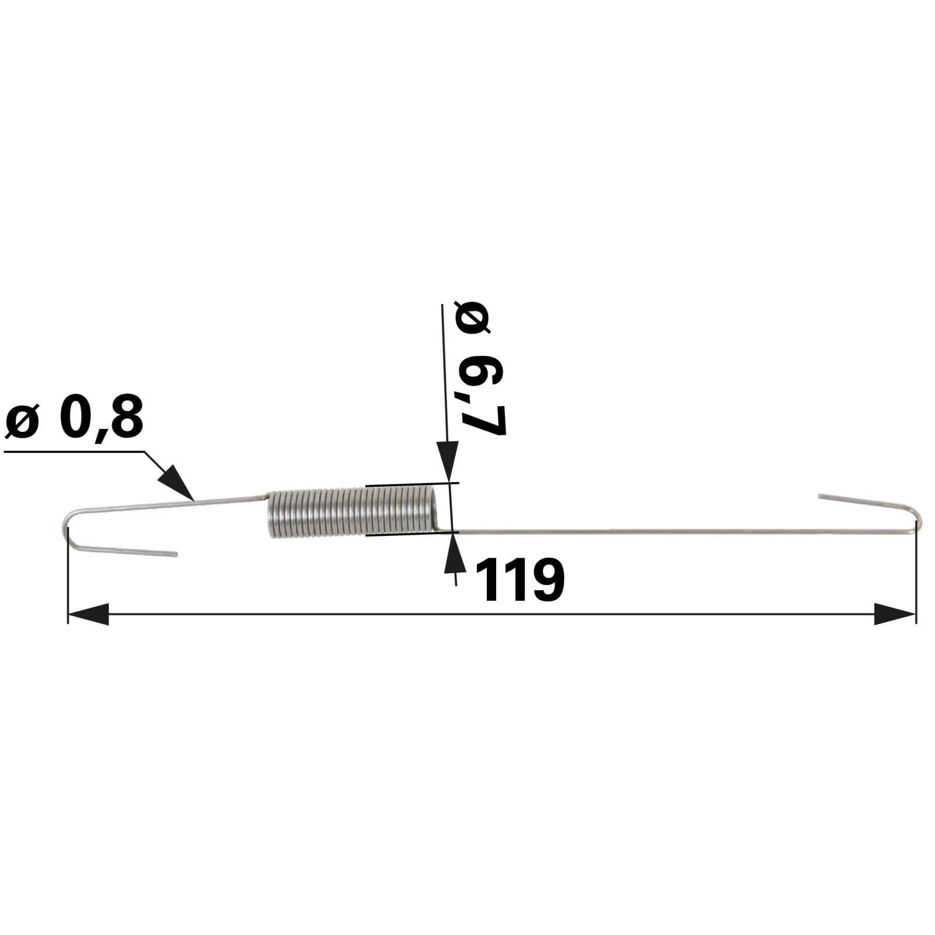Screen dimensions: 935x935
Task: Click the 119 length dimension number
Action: [x=520, y=580]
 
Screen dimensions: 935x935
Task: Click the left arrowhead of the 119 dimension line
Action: [x=88, y=614]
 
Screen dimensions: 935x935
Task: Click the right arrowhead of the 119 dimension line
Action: [x=895, y=614]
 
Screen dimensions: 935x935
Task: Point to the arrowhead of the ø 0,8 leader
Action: [x=176, y=483]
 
